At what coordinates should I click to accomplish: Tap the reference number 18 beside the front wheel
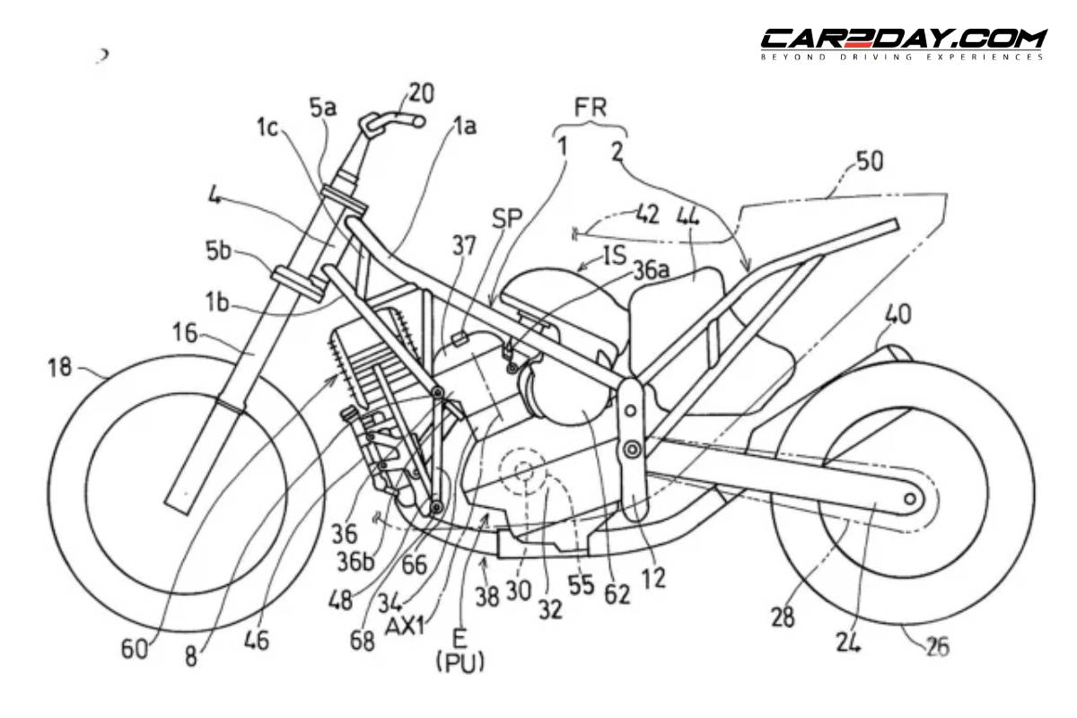pos(64,368)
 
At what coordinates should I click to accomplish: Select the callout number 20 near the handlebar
pos(421,92)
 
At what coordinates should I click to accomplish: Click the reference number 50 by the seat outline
pos(869,162)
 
